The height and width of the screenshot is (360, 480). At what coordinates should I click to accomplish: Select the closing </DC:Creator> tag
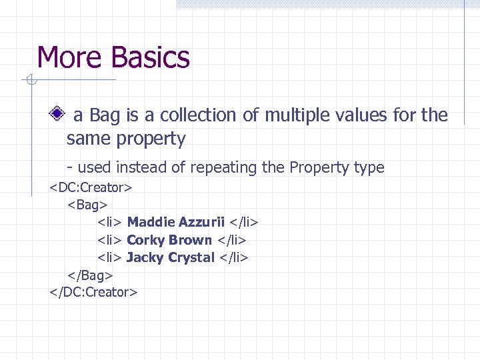pyautogui.click(x=93, y=291)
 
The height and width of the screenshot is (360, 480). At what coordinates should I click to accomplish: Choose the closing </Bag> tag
pyautogui.click(x=90, y=274)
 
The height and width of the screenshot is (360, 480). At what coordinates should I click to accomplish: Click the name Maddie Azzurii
pyautogui.click(x=175, y=222)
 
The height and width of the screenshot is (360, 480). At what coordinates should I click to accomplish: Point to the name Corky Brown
pyautogui.click(x=169, y=239)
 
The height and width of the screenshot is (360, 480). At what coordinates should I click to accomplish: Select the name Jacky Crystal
pyautogui.click(x=171, y=257)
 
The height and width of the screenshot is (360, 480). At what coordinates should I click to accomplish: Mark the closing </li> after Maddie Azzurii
pyautogui.click(x=244, y=222)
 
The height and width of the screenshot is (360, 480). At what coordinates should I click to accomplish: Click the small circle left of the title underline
pyautogui.click(x=30, y=81)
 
